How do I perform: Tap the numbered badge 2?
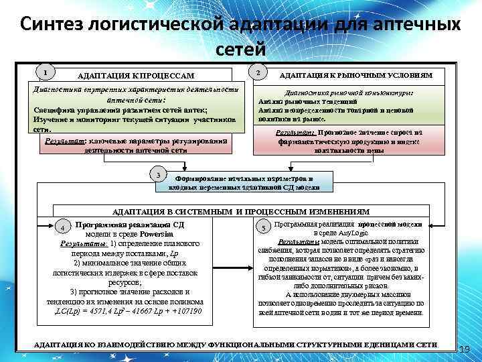coord(258,72)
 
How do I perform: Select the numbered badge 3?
coord(157,174)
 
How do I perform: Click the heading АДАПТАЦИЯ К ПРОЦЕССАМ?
coord(135,75)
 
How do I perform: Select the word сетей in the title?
coord(241,49)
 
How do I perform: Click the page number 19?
coord(466,349)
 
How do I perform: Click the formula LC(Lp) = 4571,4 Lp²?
coord(94,312)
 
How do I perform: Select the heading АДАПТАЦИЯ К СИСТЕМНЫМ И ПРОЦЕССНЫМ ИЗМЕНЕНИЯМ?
coord(240,210)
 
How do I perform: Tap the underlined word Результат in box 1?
coord(64,142)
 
